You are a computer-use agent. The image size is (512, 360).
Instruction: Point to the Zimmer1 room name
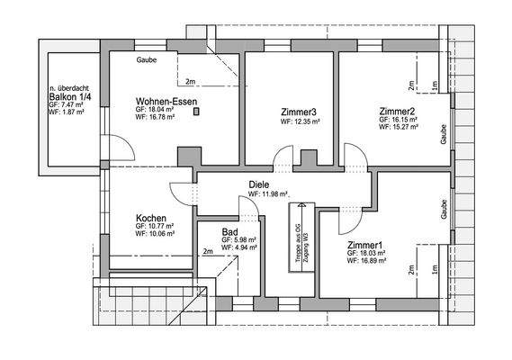pyautogui.click(x=364, y=245)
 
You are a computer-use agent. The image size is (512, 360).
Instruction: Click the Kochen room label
pyautogui.click(x=150, y=218)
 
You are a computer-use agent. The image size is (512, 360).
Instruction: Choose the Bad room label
pyautogui.click(x=229, y=231)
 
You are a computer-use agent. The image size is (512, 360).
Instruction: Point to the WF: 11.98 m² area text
pyautogui.click(x=268, y=193)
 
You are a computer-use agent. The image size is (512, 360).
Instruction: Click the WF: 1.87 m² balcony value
pyautogui.click(x=67, y=114)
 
